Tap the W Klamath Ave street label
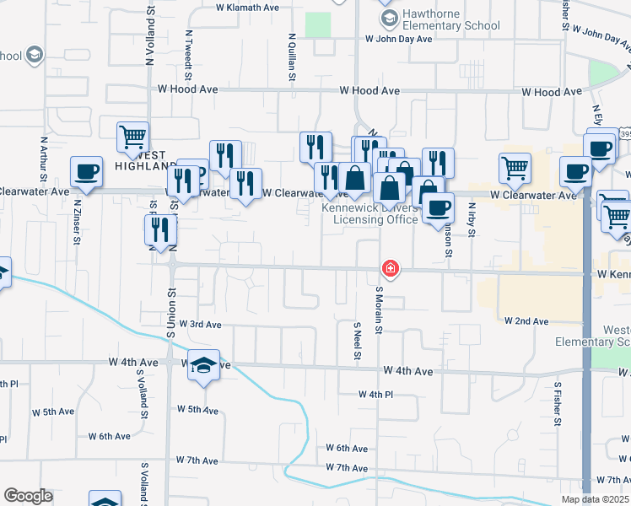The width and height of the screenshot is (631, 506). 247,7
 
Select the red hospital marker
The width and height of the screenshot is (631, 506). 391,269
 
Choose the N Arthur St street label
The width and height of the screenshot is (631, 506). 42,159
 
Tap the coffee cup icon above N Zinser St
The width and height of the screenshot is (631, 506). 87,172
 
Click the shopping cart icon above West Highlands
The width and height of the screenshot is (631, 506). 133,136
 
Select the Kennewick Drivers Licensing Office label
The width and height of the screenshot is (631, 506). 376,213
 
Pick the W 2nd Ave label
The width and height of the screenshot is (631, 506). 526,321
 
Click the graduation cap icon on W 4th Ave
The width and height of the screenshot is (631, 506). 203,365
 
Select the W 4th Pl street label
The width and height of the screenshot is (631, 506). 375,395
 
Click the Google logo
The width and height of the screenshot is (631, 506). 28,496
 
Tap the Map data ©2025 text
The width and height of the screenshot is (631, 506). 594,499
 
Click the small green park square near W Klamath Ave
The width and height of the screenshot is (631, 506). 317,24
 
